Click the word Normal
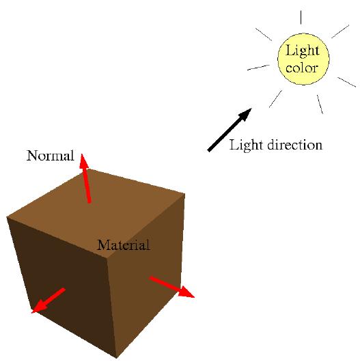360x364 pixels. (x=51, y=156)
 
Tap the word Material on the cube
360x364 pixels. (x=124, y=245)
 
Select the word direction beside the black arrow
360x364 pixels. (x=294, y=145)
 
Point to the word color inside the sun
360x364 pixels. (x=301, y=68)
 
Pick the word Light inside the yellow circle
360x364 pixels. (x=302, y=51)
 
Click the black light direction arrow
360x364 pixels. (x=230, y=130)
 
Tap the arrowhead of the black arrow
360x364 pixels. (x=245, y=115)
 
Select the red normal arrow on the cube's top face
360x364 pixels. (x=85, y=178)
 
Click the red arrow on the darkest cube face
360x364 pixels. (x=49, y=300)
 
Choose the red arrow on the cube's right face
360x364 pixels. (x=171, y=287)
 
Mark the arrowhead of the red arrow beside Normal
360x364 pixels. (x=83, y=160)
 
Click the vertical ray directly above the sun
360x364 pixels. (x=301, y=17)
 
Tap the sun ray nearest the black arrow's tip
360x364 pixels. (x=276, y=99)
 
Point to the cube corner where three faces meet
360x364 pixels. (x=107, y=257)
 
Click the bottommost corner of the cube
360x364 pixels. (x=116, y=358)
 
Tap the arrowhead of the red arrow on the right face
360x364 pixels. (x=186, y=292)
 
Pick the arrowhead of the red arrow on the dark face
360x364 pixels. (x=39, y=307)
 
